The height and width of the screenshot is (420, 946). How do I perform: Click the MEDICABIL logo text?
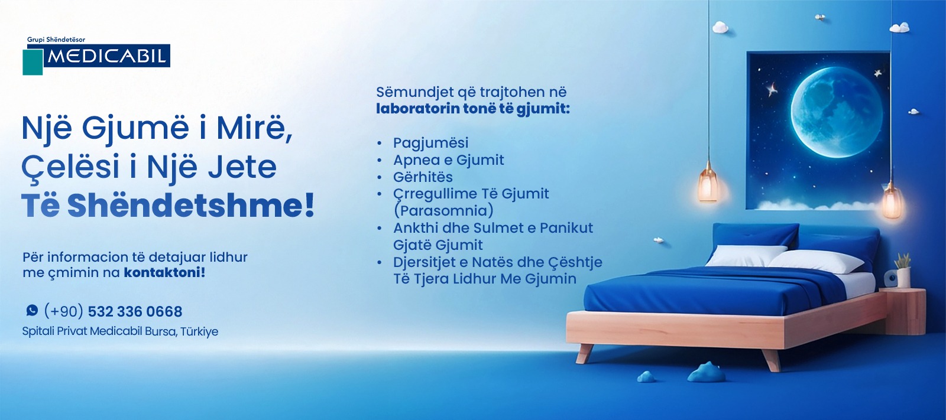tap(107, 56)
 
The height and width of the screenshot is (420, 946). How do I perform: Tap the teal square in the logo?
tap(33, 62)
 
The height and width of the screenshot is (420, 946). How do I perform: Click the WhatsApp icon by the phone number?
tap(32, 310)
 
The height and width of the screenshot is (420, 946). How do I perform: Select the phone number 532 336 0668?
tap(135, 311)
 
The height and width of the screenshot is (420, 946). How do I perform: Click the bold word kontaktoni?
tap(164, 273)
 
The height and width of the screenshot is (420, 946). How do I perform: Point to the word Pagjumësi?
tap(431, 143)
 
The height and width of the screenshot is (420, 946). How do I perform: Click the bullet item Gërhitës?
tap(423, 177)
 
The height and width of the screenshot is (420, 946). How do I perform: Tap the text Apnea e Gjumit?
tap(449, 160)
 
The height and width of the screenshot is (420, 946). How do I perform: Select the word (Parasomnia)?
tap(443, 211)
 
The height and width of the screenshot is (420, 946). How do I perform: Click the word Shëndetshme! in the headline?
tap(191, 206)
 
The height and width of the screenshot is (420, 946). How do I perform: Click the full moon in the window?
tap(837, 112)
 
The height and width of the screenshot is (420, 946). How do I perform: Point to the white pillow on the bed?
tap(816, 262)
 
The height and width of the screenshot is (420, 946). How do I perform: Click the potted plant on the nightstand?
tap(903, 270)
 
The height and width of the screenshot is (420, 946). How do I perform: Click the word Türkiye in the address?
tap(199, 332)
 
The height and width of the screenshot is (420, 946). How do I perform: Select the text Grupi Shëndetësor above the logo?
tap(56, 40)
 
